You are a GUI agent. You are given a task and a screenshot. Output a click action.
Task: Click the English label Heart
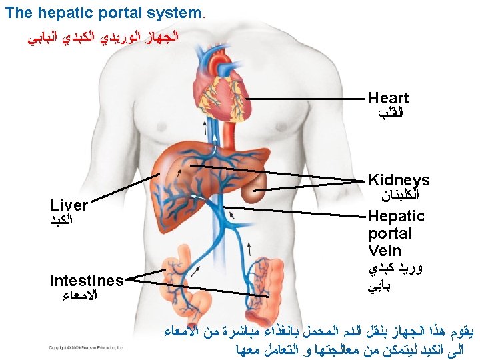click(x=389, y=99)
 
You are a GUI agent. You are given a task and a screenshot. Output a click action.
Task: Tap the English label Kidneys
click(x=399, y=180)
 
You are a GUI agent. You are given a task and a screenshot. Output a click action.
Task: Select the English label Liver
click(x=69, y=205)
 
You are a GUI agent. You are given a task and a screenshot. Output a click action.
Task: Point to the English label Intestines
click(x=87, y=281)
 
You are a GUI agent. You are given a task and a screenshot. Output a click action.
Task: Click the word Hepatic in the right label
click(x=396, y=216)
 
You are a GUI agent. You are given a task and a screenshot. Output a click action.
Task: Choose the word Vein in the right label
click(x=385, y=251)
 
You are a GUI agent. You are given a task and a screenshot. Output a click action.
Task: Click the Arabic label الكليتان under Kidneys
click(x=399, y=196)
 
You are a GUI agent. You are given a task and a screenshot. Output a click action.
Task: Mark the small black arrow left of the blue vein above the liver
click(x=204, y=128)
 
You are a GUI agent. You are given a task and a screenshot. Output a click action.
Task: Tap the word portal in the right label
click(x=390, y=233)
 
